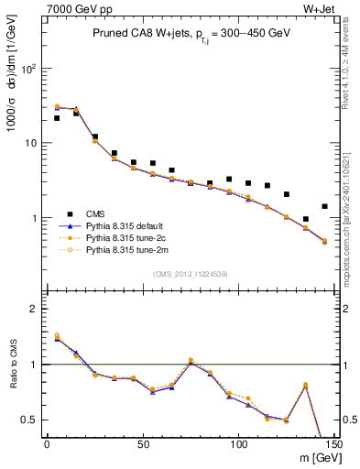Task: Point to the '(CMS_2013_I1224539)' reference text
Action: (190, 272)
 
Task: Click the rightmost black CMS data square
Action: (324, 206)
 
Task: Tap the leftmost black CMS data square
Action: (57, 118)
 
